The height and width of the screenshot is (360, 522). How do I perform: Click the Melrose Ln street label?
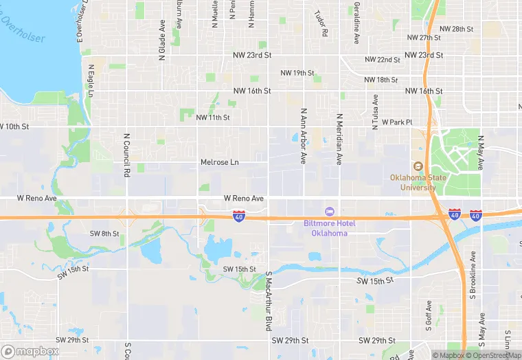[x=219, y=162]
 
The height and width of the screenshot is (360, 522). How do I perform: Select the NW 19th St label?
[x=297, y=73]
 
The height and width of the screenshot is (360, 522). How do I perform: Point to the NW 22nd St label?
[x=383, y=60]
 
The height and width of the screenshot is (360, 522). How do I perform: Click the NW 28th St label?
[x=456, y=29]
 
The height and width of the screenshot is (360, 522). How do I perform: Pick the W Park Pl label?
[x=397, y=122]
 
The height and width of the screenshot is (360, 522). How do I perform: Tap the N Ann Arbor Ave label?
[x=303, y=135]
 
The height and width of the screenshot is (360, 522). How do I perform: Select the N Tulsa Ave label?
[x=375, y=111]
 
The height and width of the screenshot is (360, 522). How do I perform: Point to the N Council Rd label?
[x=127, y=155]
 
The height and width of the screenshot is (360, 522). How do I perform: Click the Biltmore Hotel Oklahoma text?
[x=326, y=228]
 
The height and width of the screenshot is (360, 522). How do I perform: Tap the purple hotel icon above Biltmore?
[x=329, y=210]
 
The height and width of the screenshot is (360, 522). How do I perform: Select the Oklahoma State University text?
[x=413, y=182]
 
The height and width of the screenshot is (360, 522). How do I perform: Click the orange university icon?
[x=417, y=166]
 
